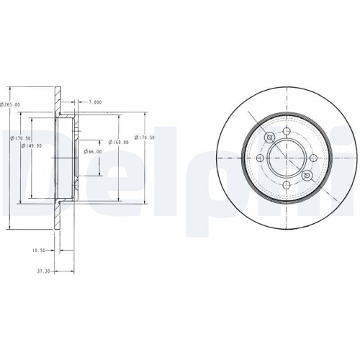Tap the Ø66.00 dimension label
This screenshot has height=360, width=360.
[x=93, y=151]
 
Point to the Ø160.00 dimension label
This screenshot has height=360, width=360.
[x=119, y=142]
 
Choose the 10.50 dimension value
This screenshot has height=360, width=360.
[x=40, y=251]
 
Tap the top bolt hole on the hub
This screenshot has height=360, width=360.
[x=287, y=132]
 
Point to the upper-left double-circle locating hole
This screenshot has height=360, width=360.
[x=270, y=138]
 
